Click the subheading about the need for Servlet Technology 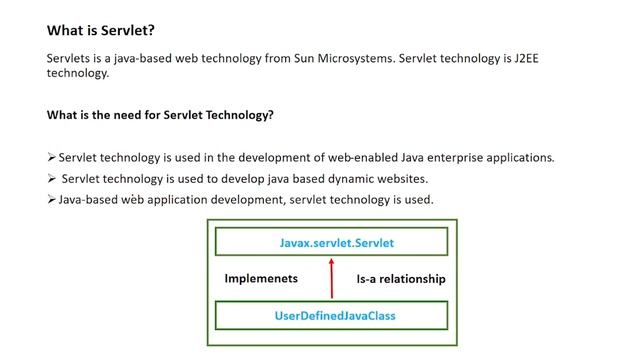coord(160,115)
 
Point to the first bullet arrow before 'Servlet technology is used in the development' coord(52,157)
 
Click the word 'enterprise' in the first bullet coord(438,157)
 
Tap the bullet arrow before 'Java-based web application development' coord(52,200)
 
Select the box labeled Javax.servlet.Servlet coord(330,242)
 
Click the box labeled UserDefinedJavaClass coord(330,316)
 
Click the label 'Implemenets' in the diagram coord(263,279)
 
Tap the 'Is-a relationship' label coord(401,279)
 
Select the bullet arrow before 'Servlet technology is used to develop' coord(52,179)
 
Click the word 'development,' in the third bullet coord(249,200)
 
